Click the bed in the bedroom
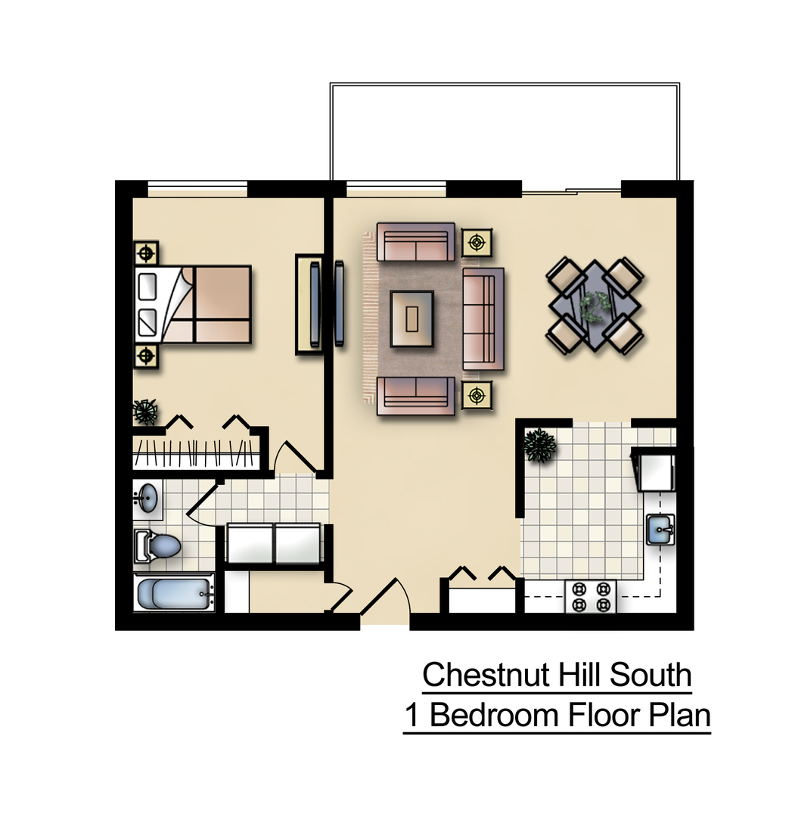click(x=194, y=303)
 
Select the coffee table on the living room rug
click(x=412, y=318)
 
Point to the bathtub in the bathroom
click(x=174, y=593)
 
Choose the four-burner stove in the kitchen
click(x=591, y=596)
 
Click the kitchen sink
click(x=660, y=528)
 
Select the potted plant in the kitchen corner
click(x=539, y=445)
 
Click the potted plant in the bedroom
click(x=144, y=412)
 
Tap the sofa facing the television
click(x=483, y=318)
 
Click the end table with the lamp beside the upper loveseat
click(x=477, y=242)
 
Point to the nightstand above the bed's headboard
click(x=146, y=252)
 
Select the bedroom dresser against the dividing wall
click(x=309, y=304)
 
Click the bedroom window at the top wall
click(x=197, y=188)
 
